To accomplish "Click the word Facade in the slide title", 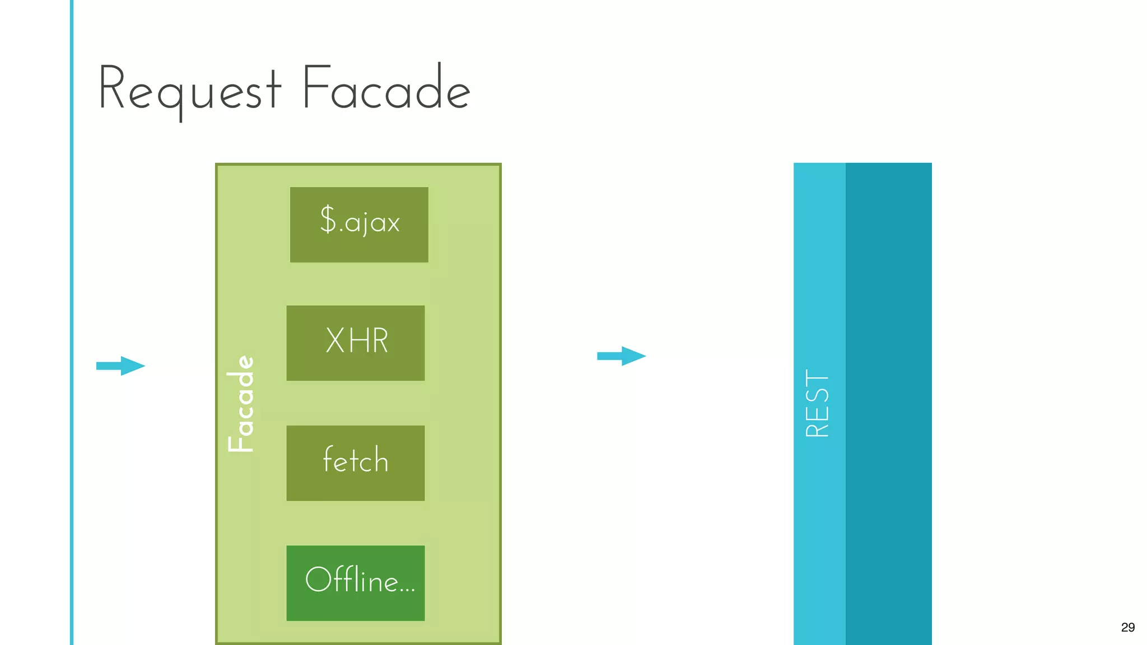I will (x=386, y=88).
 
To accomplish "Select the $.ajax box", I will (x=359, y=225).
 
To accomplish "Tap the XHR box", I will (x=356, y=343).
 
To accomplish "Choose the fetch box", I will (x=356, y=463).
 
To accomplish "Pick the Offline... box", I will (x=356, y=583).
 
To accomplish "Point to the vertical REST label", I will (x=817, y=403).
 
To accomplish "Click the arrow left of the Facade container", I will (x=121, y=366).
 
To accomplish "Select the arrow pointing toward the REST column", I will (x=622, y=356).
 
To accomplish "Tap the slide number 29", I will (x=1128, y=628).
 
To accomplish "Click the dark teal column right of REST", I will (x=889, y=403).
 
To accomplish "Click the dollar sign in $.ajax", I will (x=328, y=219).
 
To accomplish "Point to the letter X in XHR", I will (x=335, y=340).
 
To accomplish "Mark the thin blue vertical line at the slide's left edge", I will (x=72, y=322).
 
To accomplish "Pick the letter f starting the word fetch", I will (x=329, y=459).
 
